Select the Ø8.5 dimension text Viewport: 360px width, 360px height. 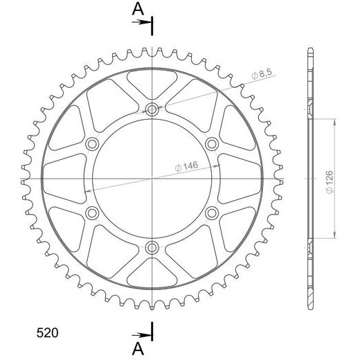coord(262,73)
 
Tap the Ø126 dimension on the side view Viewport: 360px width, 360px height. coord(330,182)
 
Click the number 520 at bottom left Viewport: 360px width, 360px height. coord(47,333)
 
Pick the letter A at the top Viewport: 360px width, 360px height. coord(138,9)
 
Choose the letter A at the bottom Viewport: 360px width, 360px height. coord(138,349)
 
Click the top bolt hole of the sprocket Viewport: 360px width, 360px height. coord(152,109)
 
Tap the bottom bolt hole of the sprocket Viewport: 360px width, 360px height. coord(152,248)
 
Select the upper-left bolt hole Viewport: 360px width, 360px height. coord(92,144)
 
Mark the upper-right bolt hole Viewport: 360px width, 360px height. coord(212,144)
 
